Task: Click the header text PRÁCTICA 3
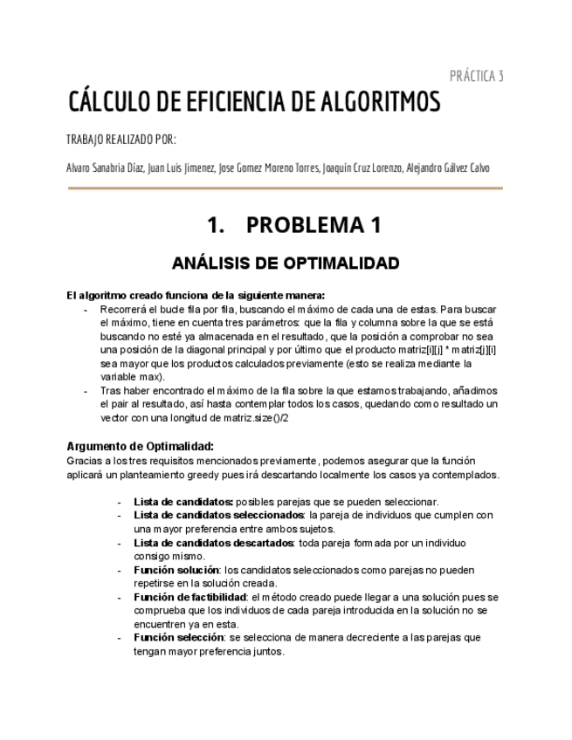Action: point(476,76)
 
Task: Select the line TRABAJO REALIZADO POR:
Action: point(121,140)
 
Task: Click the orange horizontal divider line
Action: point(285,188)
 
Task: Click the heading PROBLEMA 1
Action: point(314,225)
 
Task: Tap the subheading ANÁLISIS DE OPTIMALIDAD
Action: point(286,263)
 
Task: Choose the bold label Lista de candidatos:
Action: point(183,502)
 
